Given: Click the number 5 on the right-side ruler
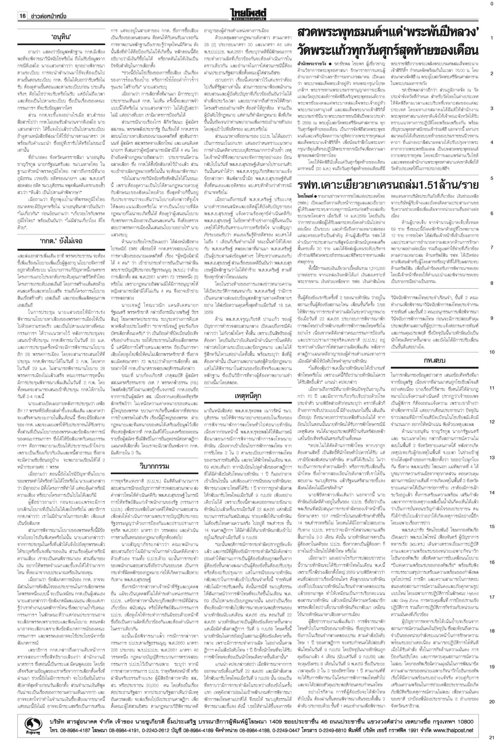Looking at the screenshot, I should [492, 178].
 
